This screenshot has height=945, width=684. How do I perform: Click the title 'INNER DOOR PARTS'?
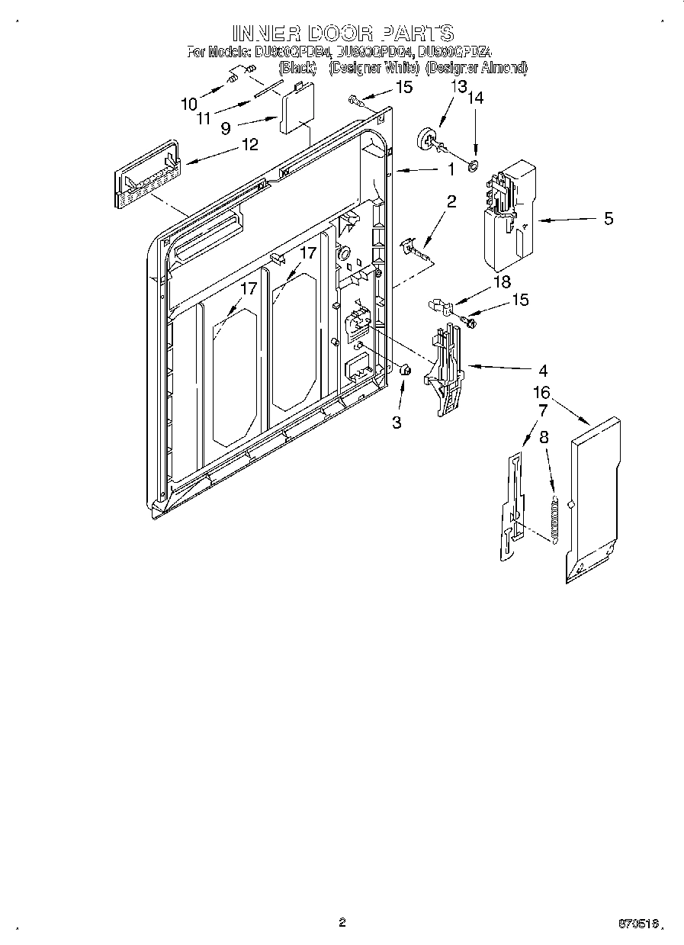(x=342, y=33)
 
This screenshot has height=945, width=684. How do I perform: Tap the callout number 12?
(x=249, y=143)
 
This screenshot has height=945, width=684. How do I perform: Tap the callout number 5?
(x=608, y=219)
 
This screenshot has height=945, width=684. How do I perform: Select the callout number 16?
(x=541, y=393)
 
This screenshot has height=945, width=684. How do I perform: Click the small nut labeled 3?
(x=406, y=370)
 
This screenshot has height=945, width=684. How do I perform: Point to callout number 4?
(x=542, y=371)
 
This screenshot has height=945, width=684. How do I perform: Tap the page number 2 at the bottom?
(x=342, y=923)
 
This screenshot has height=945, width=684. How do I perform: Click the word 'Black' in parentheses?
(x=297, y=68)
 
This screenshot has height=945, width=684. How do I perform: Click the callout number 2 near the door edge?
(x=451, y=201)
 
